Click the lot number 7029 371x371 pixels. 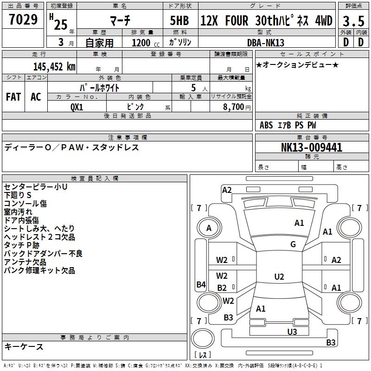pyautogui.click(x=23, y=19)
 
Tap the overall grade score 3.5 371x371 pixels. pyautogui.click(x=353, y=21)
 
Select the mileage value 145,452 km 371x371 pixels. pyautogui.click(x=54, y=66)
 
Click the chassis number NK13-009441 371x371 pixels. pyautogui.click(x=312, y=147)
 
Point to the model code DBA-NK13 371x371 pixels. pyautogui.click(x=265, y=43)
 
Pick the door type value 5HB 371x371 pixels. pyautogui.click(x=179, y=20)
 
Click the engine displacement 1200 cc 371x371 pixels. pyautogui.click(x=146, y=43)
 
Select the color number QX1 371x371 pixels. pyautogui.click(x=77, y=107)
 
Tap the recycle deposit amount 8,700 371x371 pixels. pyautogui.click(x=233, y=107)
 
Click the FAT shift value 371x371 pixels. pyautogui.click(x=13, y=97)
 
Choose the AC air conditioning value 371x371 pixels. pyautogui.click(x=36, y=97)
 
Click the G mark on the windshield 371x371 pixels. pyautogui.click(x=293, y=244)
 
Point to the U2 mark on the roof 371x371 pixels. pyautogui.click(x=279, y=276)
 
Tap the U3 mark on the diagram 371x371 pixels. pyautogui.click(x=292, y=332)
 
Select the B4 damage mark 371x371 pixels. pyautogui.click(x=201, y=284)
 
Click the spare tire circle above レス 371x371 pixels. pyautogui.click(x=203, y=339)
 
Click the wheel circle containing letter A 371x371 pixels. pyautogui.click(x=209, y=228)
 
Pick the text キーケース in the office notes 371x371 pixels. pyautogui.click(x=24, y=346)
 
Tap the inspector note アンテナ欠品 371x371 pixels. pyautogui.click(x=25, y=262)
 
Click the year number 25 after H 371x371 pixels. pyautogui.click(x=61, y=25)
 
